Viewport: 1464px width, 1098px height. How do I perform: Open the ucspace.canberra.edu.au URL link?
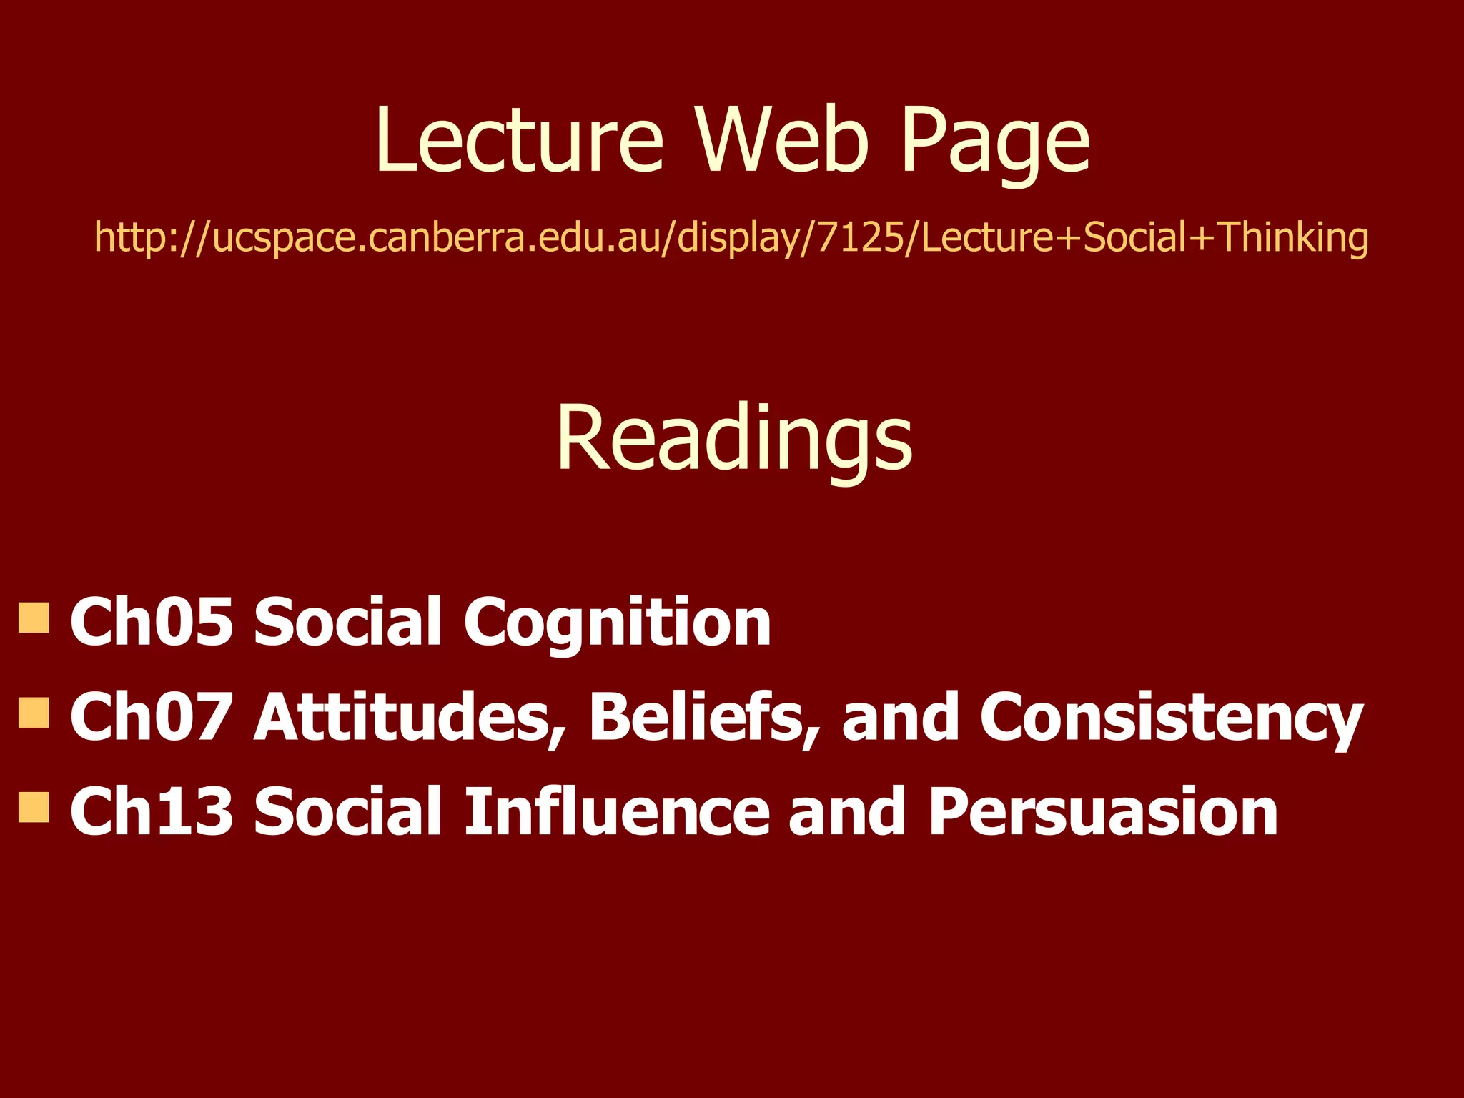click(731, 237)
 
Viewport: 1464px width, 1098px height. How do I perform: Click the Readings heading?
click(734, 439)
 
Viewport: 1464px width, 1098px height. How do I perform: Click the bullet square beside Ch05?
click(34, 618)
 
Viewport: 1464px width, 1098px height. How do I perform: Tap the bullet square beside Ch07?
click(34, 713)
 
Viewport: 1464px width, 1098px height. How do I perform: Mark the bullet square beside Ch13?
click(34, 807)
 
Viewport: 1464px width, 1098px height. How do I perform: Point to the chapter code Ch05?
click(152, 622)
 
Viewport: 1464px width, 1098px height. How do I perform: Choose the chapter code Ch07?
click(152, 716)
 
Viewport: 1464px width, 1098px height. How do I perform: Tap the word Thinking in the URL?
click(1292, 239)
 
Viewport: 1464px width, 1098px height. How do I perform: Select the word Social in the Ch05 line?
click(348, 622)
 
